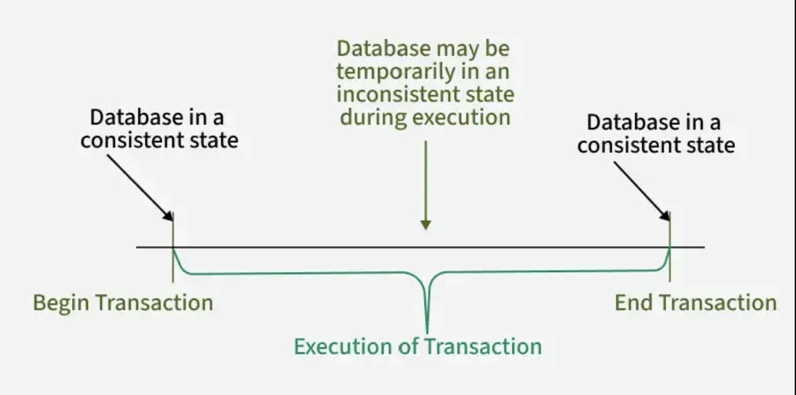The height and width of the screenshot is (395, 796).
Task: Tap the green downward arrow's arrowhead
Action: pyautogui.click(x=425, y=224)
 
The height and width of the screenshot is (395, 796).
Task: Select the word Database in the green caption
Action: pyautogui.click(x=383, y=49)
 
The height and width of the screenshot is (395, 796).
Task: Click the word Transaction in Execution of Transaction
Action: pyautogui.click(x=483, y=346)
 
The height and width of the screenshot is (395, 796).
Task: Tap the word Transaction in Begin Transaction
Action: pyautogui.click(x=154, y=303)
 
